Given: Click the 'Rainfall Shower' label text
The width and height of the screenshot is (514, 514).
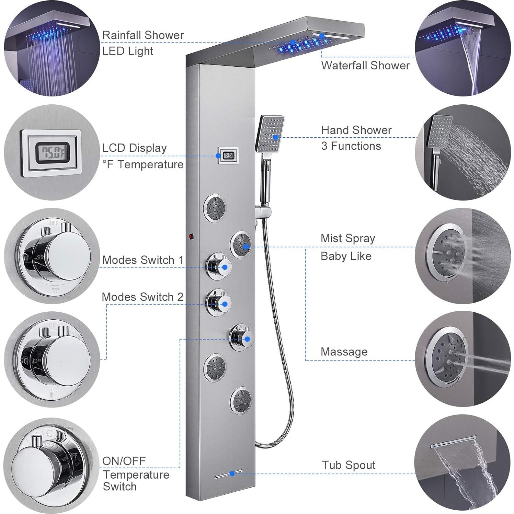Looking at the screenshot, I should (143, 35).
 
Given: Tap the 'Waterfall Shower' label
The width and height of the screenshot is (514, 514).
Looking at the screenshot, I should (365, 65).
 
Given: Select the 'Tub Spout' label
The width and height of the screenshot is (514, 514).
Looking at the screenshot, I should (349, 465).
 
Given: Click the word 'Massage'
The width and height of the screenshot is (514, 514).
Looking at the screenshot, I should (344, 352).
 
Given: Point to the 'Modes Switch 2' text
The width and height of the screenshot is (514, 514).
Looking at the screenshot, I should (142, 297).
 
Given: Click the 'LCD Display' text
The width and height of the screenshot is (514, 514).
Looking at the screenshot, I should (134, 148).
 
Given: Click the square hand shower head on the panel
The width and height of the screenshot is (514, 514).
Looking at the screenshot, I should (270, 134).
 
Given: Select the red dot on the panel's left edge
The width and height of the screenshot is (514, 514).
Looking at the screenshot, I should (191, 236).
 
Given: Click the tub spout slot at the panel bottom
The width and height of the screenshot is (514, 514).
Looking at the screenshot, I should (228, 474).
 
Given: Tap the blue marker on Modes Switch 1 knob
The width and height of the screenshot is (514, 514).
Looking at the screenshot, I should (225, 267).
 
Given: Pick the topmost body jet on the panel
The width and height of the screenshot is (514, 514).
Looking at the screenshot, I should (215, 207).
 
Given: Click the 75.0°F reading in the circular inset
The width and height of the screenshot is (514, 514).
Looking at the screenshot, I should (53, 151).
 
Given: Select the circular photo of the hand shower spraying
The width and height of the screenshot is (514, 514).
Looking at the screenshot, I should (462, 152).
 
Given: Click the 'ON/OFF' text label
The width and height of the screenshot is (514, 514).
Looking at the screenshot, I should (124, 461).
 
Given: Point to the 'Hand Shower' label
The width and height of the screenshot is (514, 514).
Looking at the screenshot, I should (356, 130).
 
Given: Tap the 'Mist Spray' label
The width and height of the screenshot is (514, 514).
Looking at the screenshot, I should (347, 238).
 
